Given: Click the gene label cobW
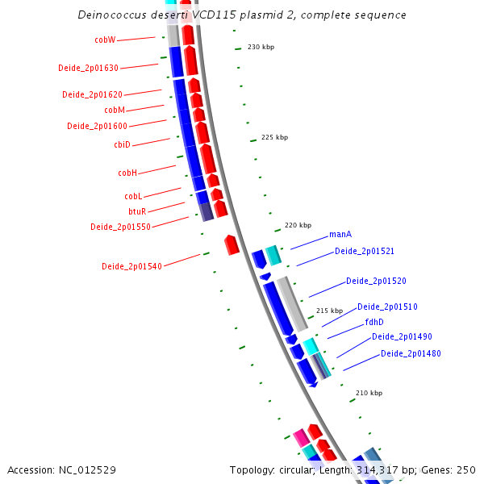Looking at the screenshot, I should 105,40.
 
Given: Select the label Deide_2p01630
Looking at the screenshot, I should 88,68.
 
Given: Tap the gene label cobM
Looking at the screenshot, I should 115,110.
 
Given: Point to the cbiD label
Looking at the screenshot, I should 122,144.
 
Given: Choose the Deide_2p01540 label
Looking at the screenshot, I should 131,266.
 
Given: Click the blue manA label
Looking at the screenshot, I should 340,235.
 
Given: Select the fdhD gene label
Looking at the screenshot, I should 374,322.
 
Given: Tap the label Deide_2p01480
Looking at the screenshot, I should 411,353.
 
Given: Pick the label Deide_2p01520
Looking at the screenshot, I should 376,281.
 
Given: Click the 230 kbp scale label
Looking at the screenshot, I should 261,47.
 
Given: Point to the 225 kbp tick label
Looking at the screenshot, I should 274,137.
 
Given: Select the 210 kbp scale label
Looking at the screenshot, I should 369,393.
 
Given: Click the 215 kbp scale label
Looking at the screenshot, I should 329,311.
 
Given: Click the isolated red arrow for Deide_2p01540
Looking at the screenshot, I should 232,244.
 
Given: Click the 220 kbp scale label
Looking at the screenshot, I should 298,225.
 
